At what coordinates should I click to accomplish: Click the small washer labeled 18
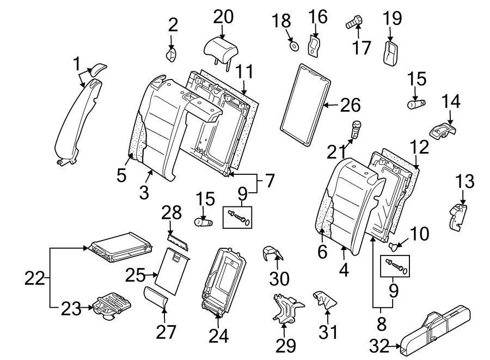pos(293,46)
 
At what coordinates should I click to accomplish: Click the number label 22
pos(36,278)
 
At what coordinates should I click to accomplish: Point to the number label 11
pos(244,71)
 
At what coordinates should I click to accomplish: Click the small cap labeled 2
pos(171,54)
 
